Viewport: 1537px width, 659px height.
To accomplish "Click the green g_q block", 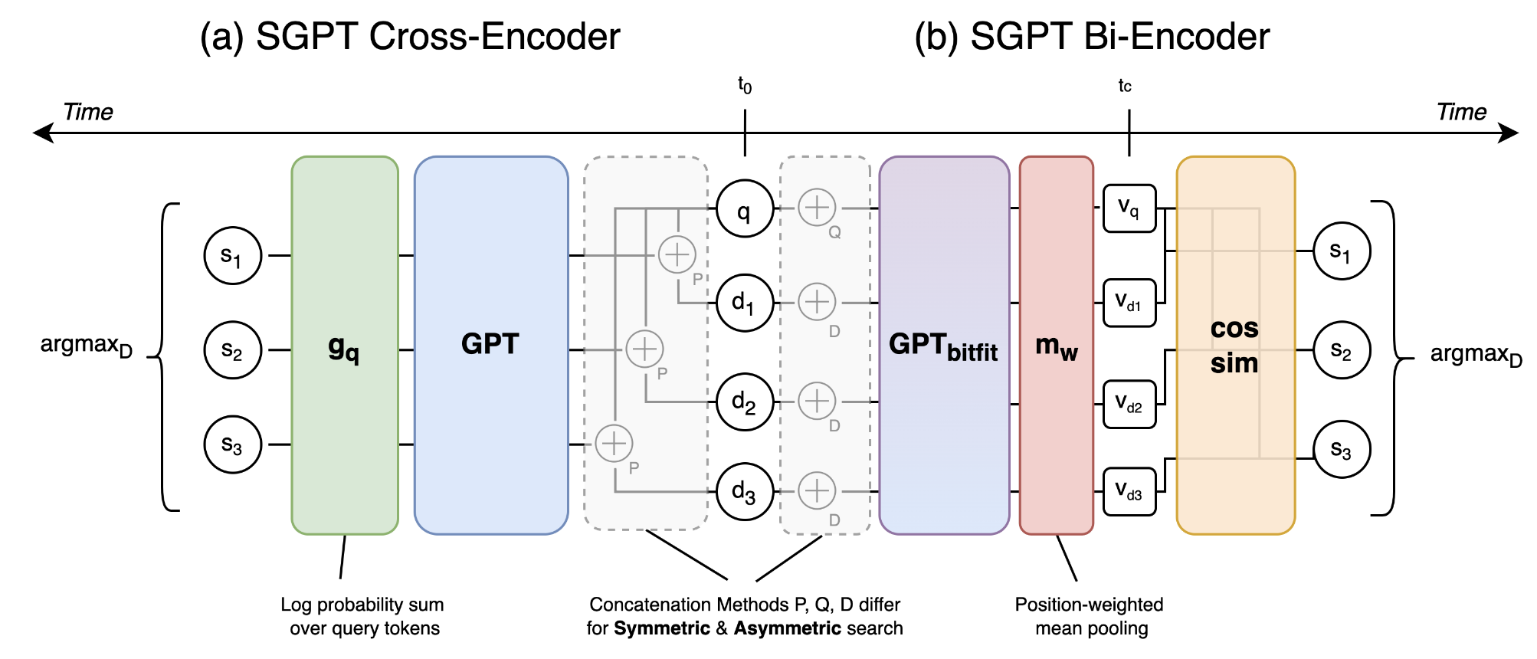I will [345, 345].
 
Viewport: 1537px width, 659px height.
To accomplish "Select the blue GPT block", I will [491, 345].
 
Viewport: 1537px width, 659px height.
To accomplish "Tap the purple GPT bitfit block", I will [944, 345].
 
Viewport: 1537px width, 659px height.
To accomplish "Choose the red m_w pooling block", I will [1056, 345].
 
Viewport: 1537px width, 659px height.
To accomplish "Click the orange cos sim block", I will [1235, 345].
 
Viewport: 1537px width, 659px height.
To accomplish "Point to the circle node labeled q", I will [744, 209].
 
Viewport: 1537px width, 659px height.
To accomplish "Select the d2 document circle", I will [744, 402].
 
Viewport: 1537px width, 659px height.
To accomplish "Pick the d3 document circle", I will [744, 491].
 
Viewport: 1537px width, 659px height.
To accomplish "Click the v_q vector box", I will [1129, 208].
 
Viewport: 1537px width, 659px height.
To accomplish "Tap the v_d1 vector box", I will [1129, 303].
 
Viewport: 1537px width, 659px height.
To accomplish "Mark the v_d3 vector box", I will [1129, 491].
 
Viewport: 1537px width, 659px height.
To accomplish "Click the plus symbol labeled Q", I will [817, 208].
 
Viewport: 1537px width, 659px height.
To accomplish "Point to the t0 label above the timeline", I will [745, 84].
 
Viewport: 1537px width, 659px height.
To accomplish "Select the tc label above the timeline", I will [1125, 86].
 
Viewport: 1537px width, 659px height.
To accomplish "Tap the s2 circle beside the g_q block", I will [233, 350].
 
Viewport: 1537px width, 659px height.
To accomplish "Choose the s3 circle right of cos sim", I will [1342, 450].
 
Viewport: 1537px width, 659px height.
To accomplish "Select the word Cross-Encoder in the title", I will [494, 37].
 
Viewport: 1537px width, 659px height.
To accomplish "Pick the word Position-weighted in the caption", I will [1089, 605].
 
